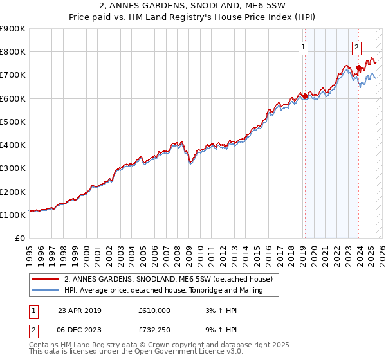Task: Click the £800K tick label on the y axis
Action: [13, 51]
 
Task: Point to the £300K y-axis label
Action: [13, 168]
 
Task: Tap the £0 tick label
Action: [20, 239]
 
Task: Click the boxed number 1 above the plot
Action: [302, 46]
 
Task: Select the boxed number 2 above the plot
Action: [356, 46]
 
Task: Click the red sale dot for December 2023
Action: [358, 67]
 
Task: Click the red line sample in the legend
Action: [46, 279]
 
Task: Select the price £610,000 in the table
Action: [154, 310]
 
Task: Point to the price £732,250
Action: [154, 330]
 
